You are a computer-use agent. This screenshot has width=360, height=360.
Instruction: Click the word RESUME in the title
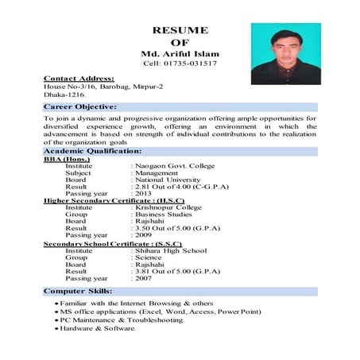(x=180, y=30)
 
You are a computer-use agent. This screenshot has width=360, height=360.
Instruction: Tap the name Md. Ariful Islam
(x=180, y=53)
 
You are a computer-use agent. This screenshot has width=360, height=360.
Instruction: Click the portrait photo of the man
(x=284, y=53)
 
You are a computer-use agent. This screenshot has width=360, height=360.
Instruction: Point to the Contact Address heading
(x=79, y=78)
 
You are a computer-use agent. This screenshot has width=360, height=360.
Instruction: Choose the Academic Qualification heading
(x=93, y=150)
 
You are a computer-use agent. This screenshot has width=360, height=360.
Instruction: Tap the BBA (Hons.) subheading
(x=67, y=158)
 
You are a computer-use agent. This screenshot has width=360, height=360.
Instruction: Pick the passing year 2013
(x=144, y=193)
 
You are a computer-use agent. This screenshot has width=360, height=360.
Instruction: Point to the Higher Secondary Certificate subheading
(x=114, y=200)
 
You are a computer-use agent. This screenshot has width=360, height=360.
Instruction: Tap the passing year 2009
(x=144, y=235)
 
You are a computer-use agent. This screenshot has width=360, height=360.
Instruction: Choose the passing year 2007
(x=144, y=278)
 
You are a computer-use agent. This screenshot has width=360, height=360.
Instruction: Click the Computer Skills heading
(x=77, y=292)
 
